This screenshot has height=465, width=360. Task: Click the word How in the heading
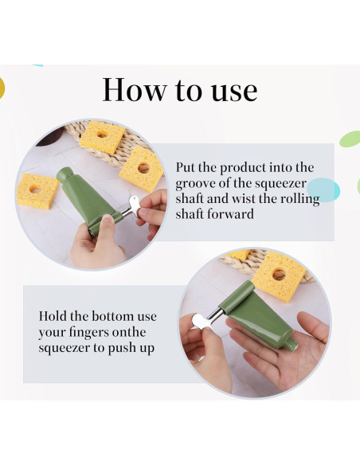[135, 89]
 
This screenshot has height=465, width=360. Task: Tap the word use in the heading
[234, 92]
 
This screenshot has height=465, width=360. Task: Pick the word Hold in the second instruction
[53, 316]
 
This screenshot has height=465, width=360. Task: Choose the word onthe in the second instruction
[129, 332]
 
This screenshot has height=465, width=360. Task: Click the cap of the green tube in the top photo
[64, 174]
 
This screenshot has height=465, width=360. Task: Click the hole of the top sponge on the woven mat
[102, 135]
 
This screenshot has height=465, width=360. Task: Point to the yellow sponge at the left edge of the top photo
[37, 190]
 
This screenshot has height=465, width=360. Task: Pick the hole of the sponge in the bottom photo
[279, 275]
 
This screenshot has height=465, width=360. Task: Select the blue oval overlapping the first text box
[323, 190]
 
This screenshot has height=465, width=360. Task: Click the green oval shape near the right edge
[350, 139]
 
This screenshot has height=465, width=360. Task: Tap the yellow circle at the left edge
[2, 88]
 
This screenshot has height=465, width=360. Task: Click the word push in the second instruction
[121, 349]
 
